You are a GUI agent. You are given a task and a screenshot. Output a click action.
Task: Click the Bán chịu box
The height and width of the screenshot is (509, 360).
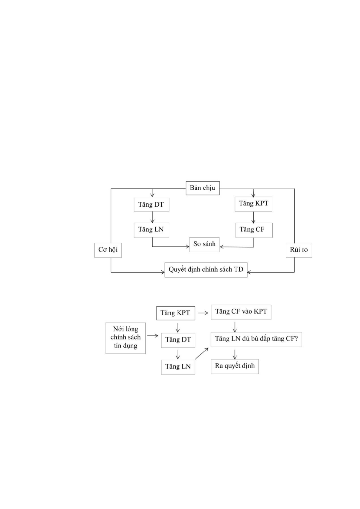click(x=202, y=188)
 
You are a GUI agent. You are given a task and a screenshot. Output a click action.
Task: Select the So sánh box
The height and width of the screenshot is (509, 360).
click(x=204, y=244)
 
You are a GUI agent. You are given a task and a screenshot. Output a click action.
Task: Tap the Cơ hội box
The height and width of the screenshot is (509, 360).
click(x=108, y=250)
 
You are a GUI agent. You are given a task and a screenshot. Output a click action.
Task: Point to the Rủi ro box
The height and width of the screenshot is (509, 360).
click(x=299, y=250)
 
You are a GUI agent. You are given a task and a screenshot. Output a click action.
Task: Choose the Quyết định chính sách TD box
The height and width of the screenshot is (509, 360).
click(x=206, y=269)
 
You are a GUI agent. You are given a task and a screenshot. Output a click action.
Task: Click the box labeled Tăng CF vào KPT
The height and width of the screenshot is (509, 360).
click(x=241, y=312)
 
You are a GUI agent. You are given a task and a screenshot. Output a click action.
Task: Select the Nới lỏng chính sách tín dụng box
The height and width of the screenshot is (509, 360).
click(x=125, y=338)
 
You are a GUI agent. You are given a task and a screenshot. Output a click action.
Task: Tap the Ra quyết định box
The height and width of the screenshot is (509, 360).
click(x=235, y=366)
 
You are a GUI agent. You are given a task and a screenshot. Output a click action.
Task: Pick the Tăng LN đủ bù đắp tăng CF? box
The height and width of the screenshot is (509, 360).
click(x=256, y=339)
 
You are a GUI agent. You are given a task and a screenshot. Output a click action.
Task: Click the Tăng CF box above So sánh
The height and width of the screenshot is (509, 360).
click(x=254, y=230)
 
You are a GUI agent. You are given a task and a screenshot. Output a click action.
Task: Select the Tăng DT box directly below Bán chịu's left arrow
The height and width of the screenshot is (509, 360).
click(x=151, y=205)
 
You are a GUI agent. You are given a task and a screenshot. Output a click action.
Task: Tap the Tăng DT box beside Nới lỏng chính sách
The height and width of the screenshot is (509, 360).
click(x=178, y=340)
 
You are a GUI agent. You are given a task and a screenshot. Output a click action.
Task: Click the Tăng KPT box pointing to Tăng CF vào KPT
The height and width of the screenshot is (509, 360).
click(x=175, y=313)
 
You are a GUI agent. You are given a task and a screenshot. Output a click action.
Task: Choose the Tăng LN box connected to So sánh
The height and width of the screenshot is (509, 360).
click(x=151, y=230)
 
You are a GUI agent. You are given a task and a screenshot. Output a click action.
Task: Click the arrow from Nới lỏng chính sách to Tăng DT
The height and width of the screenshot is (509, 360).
click(x=153, y=336)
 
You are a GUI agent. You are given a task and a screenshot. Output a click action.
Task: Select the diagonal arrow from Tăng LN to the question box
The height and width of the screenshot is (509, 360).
click(x=202, y=353)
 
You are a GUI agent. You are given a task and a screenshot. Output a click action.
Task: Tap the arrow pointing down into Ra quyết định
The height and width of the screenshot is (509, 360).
click(x=235, y=354)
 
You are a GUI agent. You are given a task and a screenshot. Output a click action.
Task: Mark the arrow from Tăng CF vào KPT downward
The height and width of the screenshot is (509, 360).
click(x=235, y=327)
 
